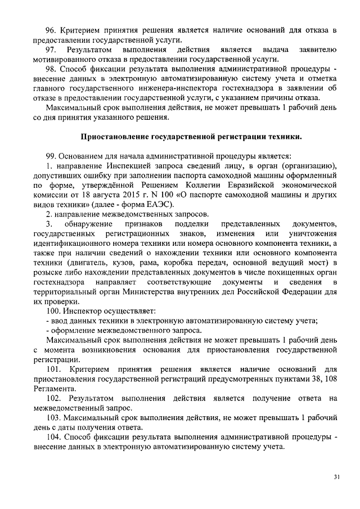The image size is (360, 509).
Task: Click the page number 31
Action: pos(336,477)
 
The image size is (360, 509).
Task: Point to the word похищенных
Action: pos(288,273)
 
